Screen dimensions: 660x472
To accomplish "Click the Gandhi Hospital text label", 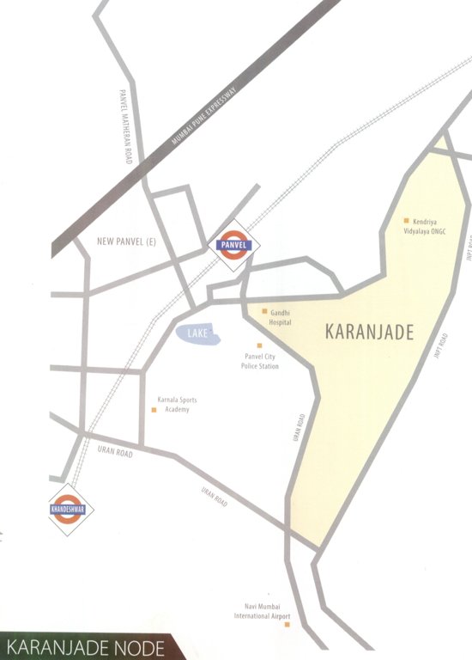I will (x=281, y=318).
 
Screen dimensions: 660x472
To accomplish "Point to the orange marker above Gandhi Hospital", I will (x=264, y=309).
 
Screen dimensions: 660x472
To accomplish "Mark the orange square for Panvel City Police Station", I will (x=259, y=345).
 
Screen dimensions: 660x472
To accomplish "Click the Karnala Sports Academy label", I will (x=178, y=405).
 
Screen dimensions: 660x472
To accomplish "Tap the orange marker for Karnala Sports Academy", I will (x=154, y=410).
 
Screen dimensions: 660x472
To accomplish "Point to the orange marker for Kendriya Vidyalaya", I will (x=407, y=221).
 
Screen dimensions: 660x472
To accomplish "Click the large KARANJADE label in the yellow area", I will (x=370, y=333).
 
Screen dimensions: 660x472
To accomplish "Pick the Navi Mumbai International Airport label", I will (x=263, y=611).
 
